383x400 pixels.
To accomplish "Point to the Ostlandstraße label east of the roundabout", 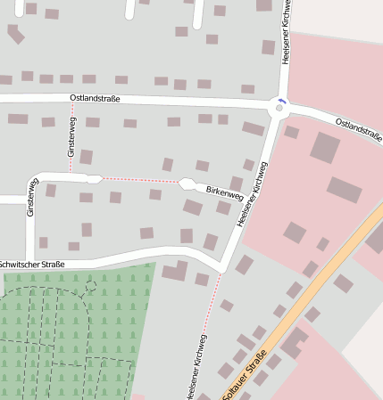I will point(358,128).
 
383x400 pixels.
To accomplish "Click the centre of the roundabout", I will point(279,107).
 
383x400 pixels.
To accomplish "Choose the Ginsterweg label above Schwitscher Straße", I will point(32,197).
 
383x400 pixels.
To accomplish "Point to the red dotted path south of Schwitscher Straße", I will point(212,303).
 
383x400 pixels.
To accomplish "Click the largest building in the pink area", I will point(324,147).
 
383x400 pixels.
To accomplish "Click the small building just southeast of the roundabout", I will point(291,132).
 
